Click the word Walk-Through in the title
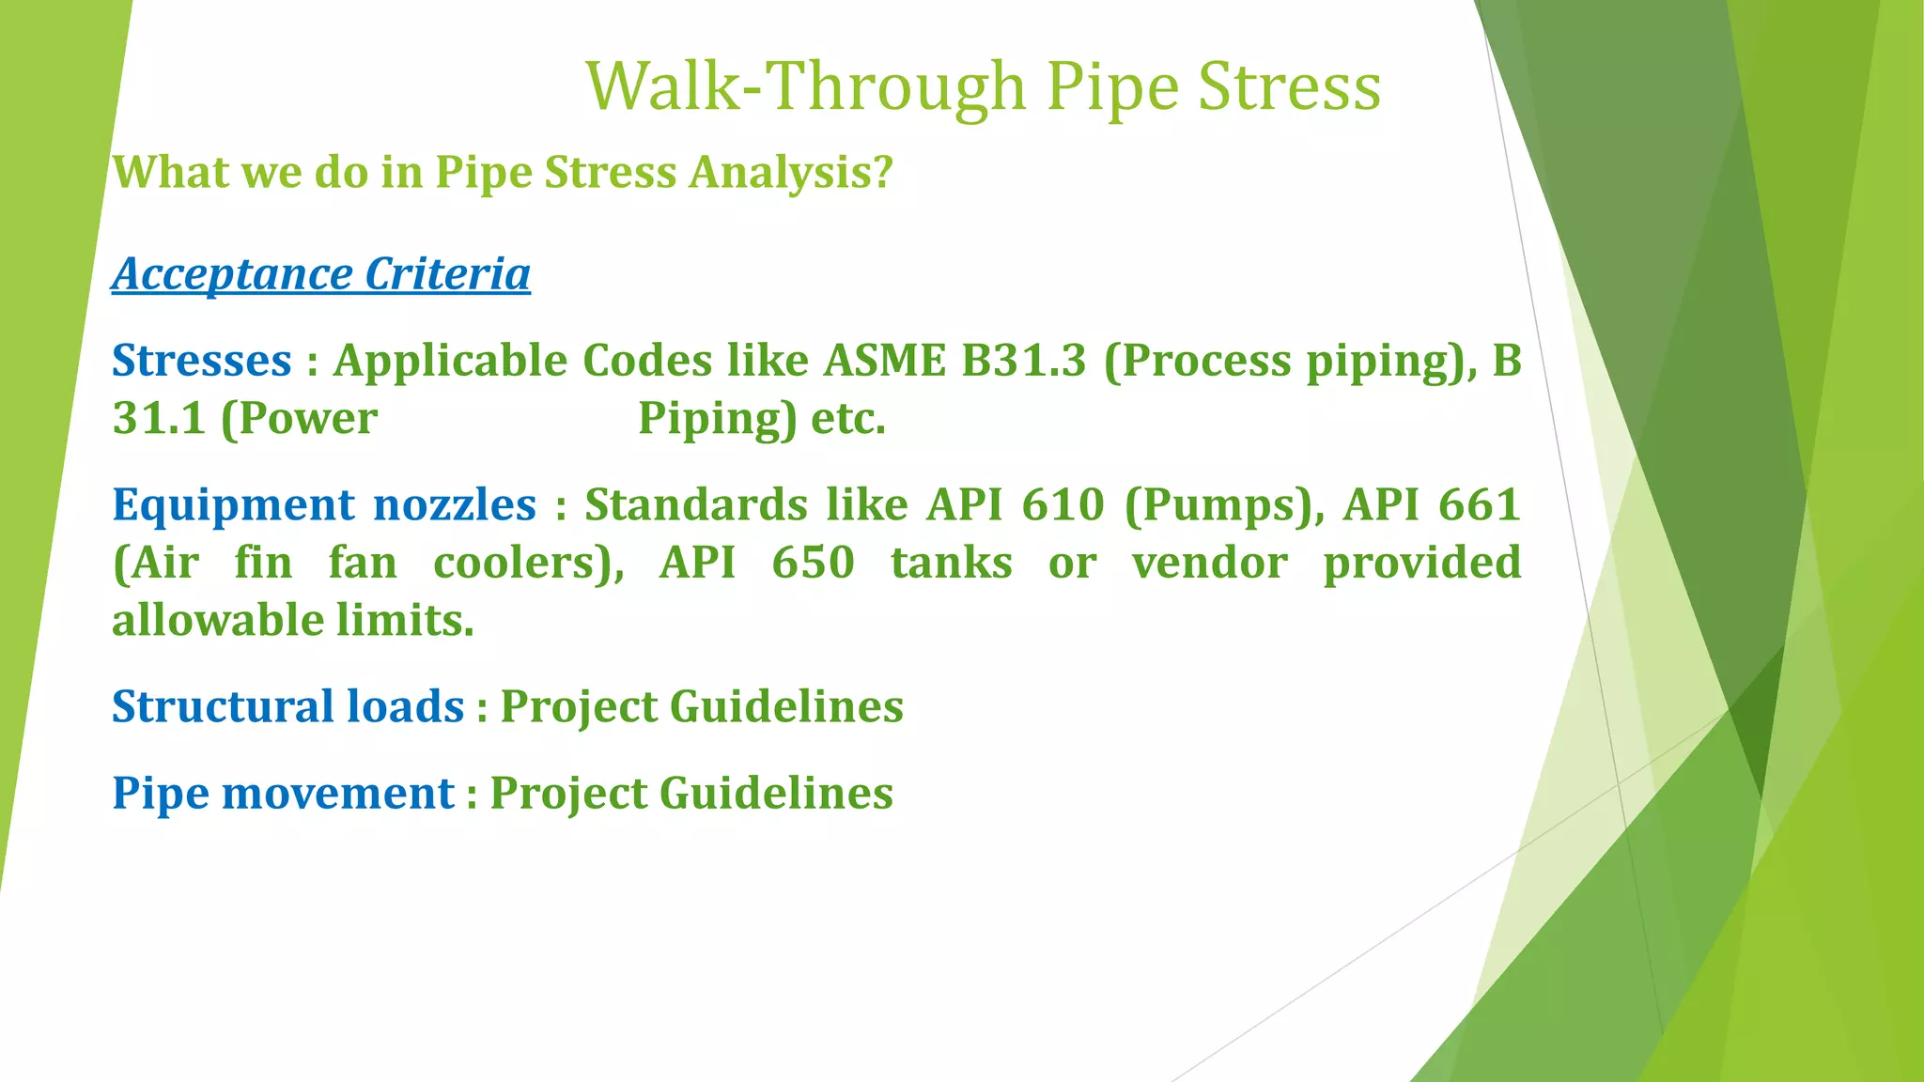[806, 86]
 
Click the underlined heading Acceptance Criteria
[321, 274]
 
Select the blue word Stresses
[202, 361]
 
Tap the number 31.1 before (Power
[159, 418]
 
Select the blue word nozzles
[455, 505]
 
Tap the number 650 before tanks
[813, 564]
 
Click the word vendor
[1209, 564]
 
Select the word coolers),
[529, 564]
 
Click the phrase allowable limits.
[293, 621]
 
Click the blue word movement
[337, 793]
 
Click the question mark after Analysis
[881, 173]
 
